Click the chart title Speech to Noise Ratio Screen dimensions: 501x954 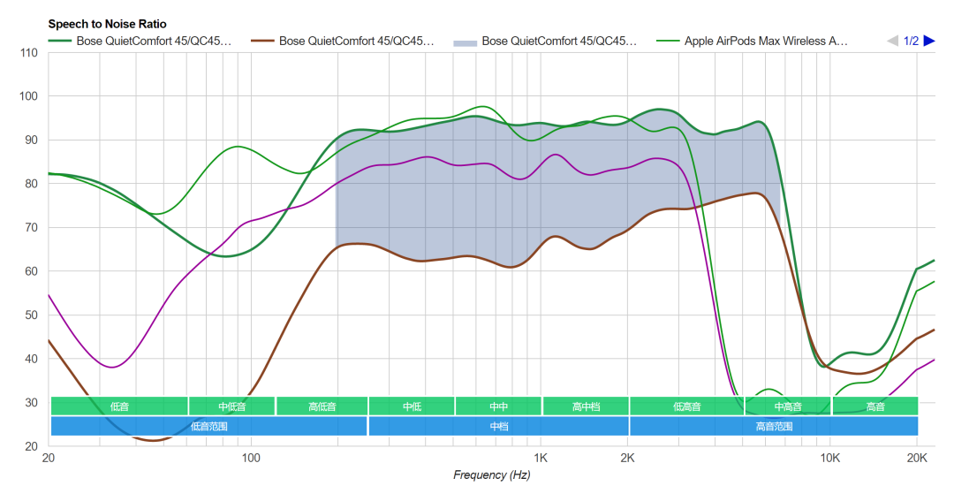pos(107,24)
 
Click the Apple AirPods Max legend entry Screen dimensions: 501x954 pos(765,41)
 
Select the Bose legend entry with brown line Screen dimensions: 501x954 pos(356,41)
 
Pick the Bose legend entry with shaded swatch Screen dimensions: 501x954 pos(558,41)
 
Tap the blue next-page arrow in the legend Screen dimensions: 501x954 pos(928,41)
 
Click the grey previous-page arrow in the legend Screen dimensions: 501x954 pos(893,41)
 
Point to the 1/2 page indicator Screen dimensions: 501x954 pos(911,41)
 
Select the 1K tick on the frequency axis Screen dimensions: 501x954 pos(541,459)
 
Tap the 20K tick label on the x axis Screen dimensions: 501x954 pos(917,459)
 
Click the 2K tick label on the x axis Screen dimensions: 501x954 pos(627,459)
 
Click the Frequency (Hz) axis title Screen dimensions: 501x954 pos(492,475)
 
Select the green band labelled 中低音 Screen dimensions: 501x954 pos(231,406)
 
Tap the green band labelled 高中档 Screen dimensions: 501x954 pos(586,406)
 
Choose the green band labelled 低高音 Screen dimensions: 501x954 pos(686,406)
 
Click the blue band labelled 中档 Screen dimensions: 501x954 pos(498,426)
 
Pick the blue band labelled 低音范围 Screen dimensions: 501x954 pos(208,426)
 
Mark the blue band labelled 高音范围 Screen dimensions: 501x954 pos(773,426)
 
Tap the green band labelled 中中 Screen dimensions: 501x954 pos(498,406)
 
